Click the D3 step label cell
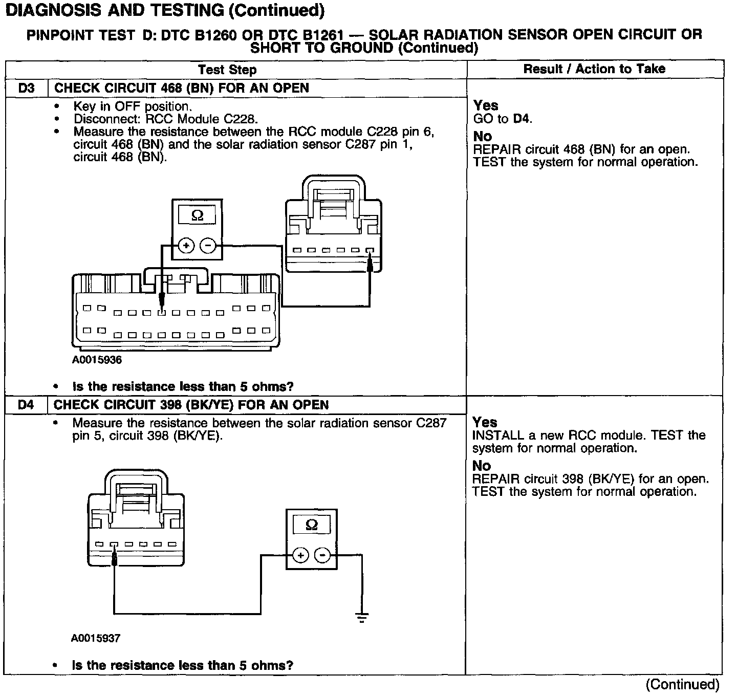[26, 88]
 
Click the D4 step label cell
[26, 405]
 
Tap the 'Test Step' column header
[227, 70]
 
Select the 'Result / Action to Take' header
[594, 69]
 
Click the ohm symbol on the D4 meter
[311, 525]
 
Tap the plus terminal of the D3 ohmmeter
[186, 246]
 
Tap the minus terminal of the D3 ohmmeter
[208, 246]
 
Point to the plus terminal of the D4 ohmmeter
[300, 555]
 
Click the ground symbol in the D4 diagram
[362, 618]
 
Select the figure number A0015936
[97, 360]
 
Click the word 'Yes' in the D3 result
[486, 105]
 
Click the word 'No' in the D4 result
[482, 466]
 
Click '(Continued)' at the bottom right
[683, 684]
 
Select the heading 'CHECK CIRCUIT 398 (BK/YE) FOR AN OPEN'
[191, 405]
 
